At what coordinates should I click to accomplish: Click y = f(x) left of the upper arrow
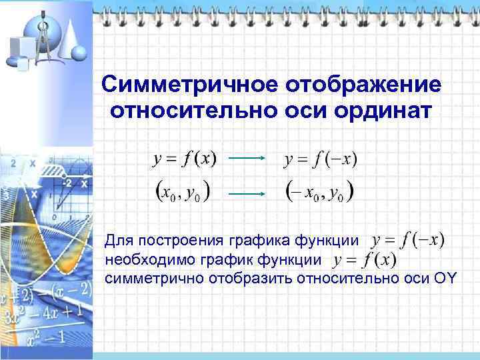click(185, 159)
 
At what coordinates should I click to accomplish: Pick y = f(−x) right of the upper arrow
click(321, 159)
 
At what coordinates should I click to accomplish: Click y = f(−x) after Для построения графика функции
click(409, 240)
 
